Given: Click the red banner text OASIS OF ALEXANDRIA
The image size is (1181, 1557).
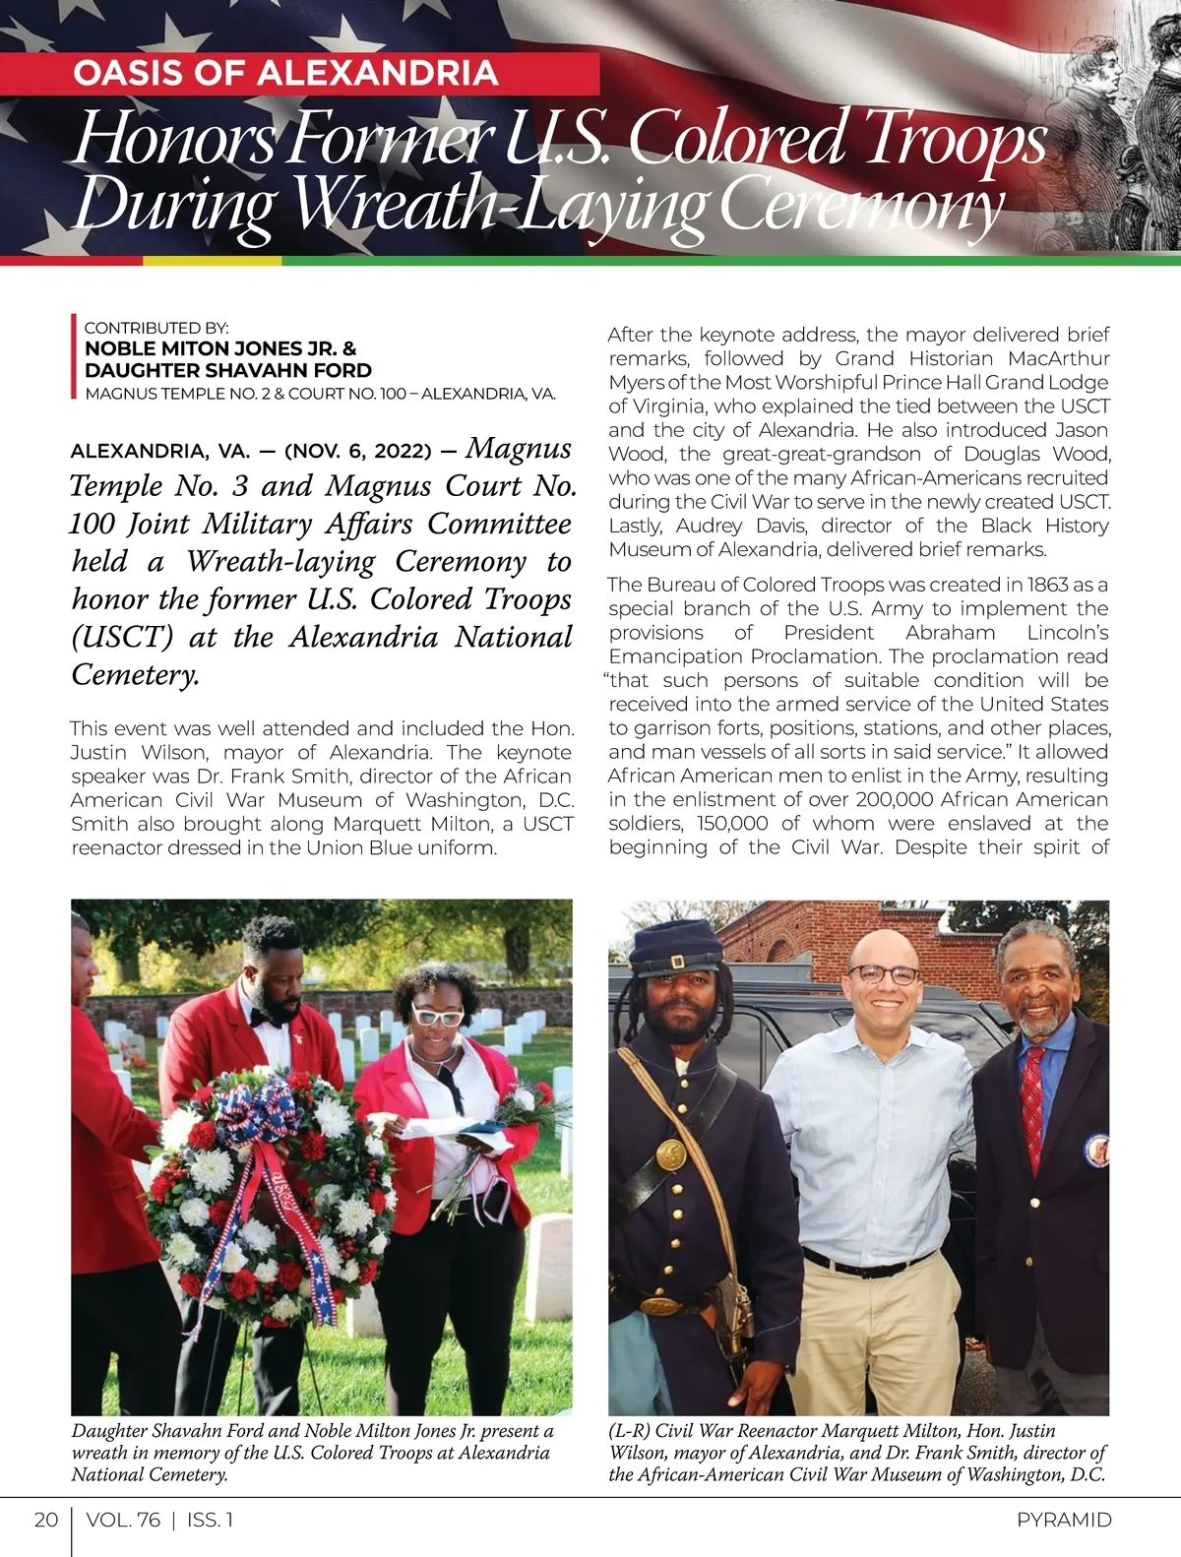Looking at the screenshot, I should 285,74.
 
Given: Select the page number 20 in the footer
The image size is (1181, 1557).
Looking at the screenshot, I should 46,1520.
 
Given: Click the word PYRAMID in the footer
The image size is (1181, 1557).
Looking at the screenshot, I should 1064,1520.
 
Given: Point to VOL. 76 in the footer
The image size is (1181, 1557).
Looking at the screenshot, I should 123,1520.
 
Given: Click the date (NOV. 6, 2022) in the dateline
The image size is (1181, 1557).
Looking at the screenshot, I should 358,452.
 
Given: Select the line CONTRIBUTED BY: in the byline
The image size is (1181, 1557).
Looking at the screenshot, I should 156,328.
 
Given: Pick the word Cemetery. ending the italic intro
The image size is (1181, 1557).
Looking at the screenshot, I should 136,675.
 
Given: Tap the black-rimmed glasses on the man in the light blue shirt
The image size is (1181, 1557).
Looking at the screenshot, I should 883,975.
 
